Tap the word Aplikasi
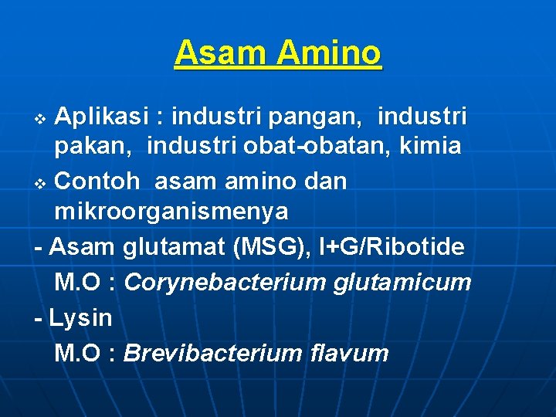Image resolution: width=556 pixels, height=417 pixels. [x=104, y=117]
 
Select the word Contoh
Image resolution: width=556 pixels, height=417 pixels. [x=99, y=181]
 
